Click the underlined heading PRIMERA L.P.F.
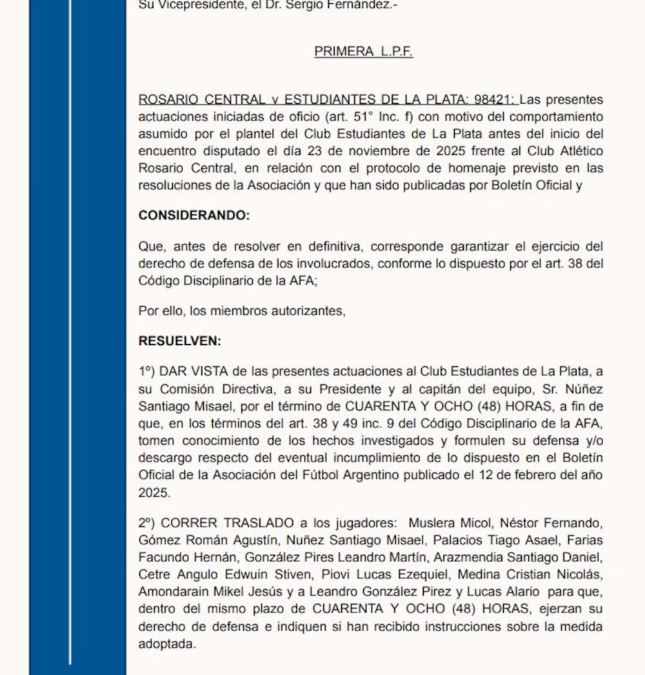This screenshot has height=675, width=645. (363, 52)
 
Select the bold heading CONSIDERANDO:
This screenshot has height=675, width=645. (193, 215)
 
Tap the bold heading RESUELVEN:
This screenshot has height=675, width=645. (179, 341)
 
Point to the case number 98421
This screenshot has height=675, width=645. (493, 100)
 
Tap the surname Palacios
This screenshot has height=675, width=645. (457, 540)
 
